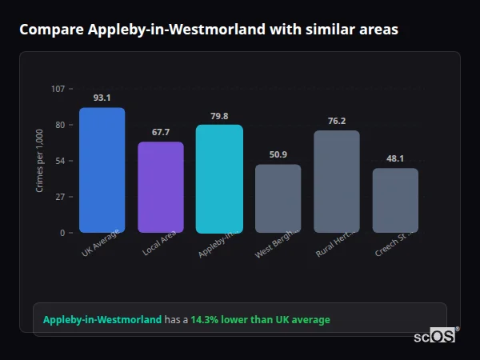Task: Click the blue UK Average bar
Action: click(x=102, y=170)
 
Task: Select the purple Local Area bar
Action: click(x=161, y=187)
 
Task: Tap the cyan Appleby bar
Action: click(x=219, y=178)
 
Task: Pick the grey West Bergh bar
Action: click(x=278, y=198)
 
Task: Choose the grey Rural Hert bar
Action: click(x=337, y=182)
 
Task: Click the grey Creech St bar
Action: click(x=395, y=200)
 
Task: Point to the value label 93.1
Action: click(x=102, y=98)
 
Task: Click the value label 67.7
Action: click(x=161, y=132)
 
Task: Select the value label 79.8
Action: click(x=219, y=115)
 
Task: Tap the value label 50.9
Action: click(x=278, y=154)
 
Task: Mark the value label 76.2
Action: click(x=337, y=121)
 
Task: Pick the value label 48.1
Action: click(x=395, y=158)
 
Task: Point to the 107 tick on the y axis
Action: click(x=58, y=89)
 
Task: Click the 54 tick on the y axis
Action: click(x=60, y=161)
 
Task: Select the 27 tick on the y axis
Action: click(x=60, y=197)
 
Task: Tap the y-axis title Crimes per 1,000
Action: click(x=39, y=161)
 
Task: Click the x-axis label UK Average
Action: click(x=101, y=243)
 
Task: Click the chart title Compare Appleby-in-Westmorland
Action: click(x=209, y=30)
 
